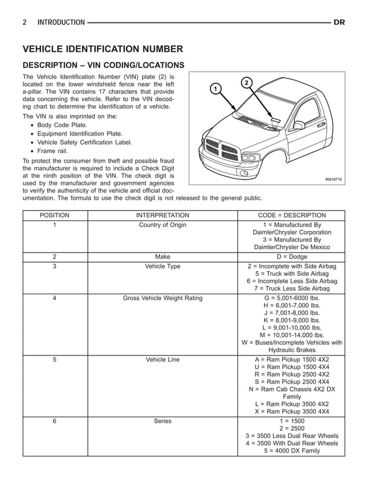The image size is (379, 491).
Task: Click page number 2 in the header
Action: pos(24,23)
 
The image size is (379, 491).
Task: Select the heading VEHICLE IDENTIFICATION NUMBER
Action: pos(102,49)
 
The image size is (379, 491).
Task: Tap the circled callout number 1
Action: pos(217,89)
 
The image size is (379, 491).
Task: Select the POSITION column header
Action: pos(55,215)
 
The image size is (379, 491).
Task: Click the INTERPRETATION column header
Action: pos(163,215)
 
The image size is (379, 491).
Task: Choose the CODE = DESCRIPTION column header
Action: pos(292,215)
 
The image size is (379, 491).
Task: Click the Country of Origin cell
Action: pos(163,225)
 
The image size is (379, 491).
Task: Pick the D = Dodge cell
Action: pos(292,256)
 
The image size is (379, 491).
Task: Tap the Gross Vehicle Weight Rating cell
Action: pos(163,298)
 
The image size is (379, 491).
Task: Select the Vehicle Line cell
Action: pos(163,360)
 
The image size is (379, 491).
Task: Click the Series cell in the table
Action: pos(163,421)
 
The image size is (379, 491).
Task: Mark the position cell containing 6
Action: pos(55,421)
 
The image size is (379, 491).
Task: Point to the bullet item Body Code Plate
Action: pos(62,125)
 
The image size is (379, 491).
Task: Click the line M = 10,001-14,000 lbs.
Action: pos(292,335)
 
